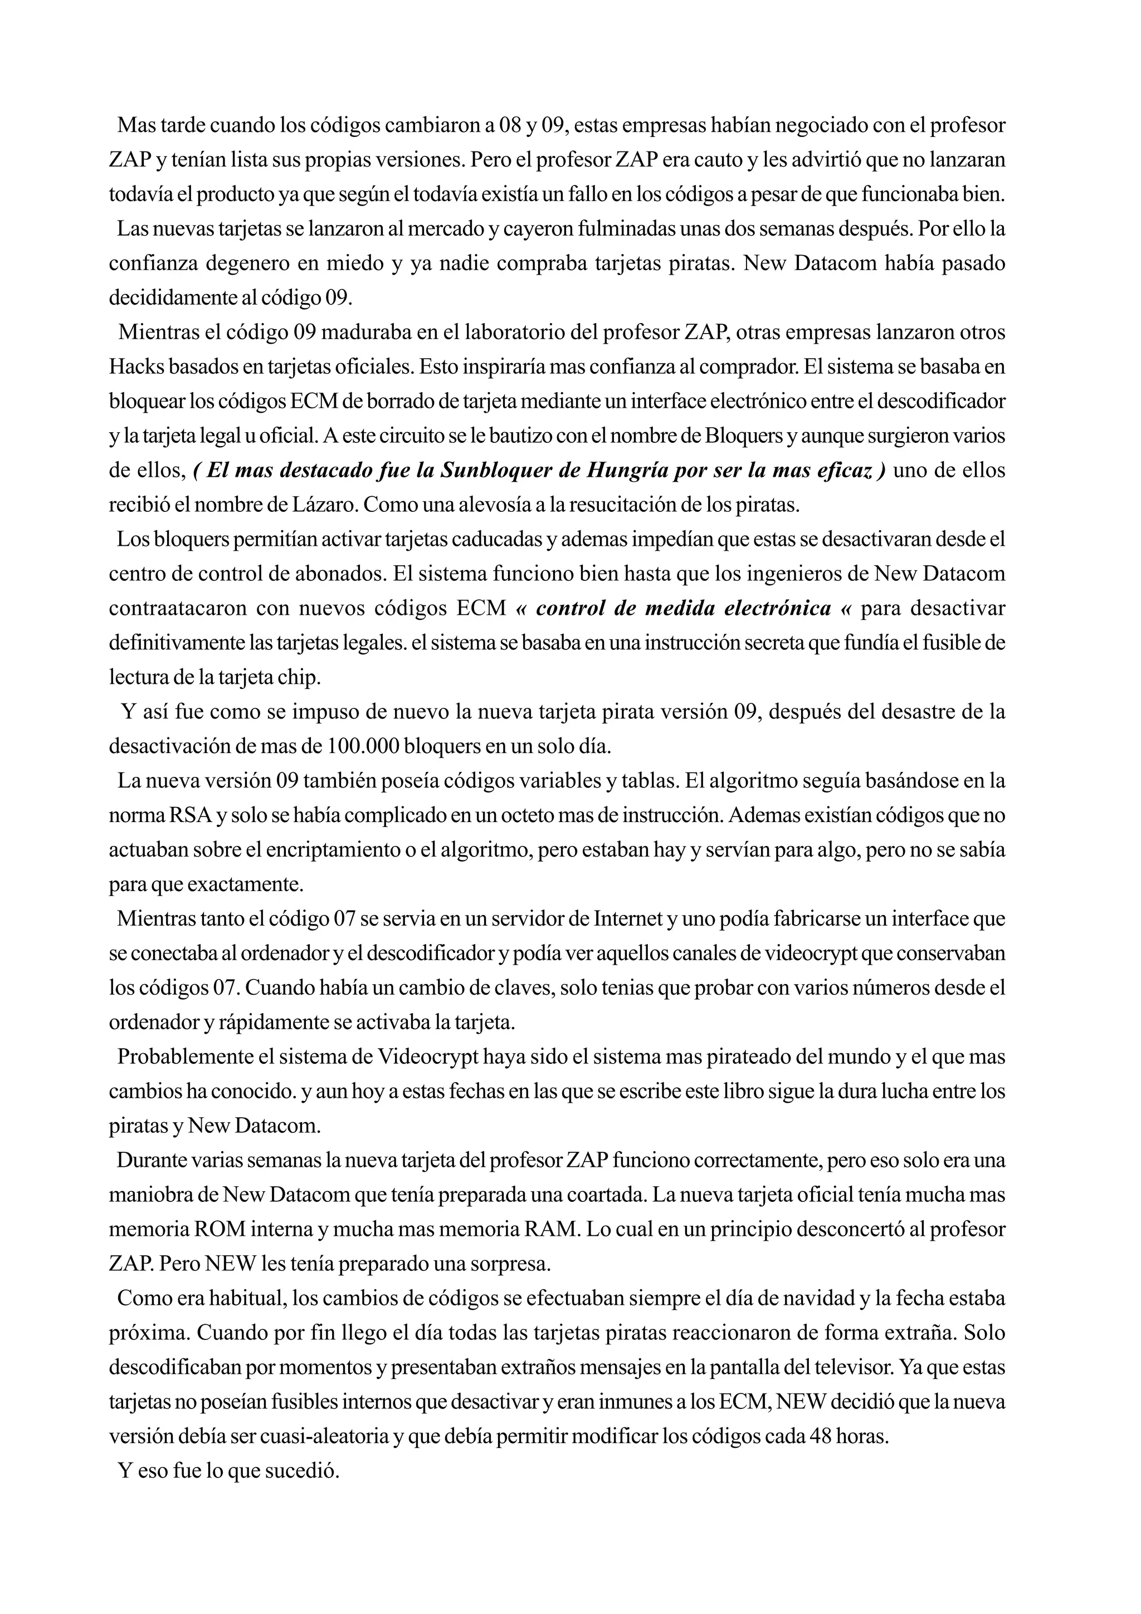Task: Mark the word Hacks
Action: tap(136, 367)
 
